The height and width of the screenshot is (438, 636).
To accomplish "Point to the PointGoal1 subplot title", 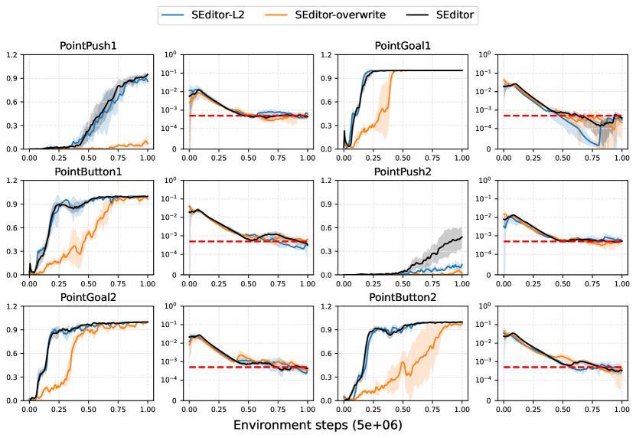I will pyautogui.click(x=403, y=46).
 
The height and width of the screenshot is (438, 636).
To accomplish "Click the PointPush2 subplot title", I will pyautogui.click(x=403, y=172).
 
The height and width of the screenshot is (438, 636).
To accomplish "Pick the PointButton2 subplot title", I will pyautogui.click(x=403, y=296).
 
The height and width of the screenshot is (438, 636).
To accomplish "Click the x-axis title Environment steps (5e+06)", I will pyautogui.click(x=318, y=424).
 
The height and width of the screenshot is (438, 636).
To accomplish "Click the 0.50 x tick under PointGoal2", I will pyautogui.click(x=88, y=410).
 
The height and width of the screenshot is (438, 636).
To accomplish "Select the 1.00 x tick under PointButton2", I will pyautogui.click(x=462, y=410).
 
